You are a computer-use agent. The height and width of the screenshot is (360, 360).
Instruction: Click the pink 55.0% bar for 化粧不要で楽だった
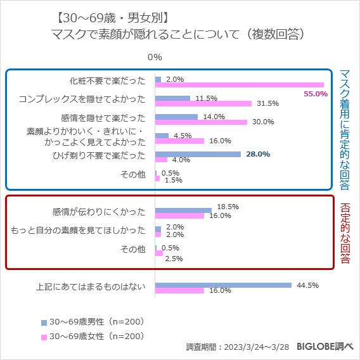click(240, 85)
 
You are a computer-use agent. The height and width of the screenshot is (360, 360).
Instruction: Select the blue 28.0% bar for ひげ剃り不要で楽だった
click(198, 154)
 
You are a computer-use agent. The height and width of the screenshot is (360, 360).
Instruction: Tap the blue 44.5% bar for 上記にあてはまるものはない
click(223, 285)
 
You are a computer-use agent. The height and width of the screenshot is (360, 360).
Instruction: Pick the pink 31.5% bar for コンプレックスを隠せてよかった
click(203, 103)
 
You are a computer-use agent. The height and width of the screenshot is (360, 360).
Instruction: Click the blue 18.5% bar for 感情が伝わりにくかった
click(183, 210)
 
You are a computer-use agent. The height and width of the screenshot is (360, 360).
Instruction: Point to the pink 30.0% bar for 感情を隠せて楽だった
click(201, 122)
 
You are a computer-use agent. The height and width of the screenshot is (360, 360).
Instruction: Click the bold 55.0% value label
click(316, 94)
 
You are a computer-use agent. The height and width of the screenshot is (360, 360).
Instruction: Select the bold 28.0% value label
click(258, 153)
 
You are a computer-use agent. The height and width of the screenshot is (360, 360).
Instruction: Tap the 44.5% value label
click(307, 285)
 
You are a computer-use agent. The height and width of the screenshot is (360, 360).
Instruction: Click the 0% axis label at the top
click(155, 58)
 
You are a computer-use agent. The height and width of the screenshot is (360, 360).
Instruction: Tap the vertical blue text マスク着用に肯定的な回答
click(345, 130)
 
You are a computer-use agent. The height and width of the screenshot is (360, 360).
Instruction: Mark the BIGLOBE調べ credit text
click(325, 347)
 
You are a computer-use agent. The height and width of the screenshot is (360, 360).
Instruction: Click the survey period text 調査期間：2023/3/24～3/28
click(238, 347)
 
